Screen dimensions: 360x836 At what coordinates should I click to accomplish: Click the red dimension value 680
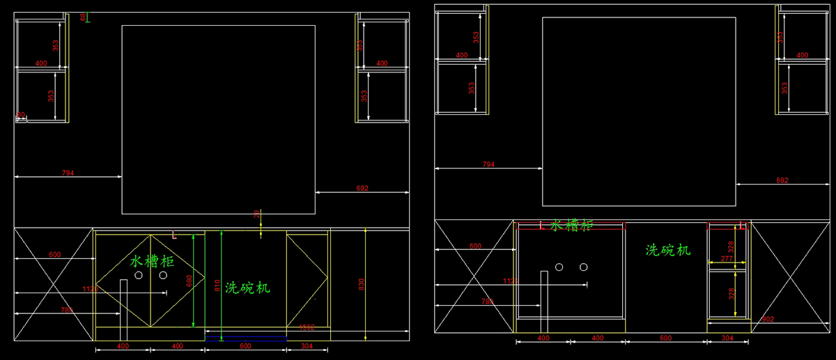tap(189, 281)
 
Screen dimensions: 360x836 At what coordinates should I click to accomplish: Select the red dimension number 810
tap(217, 285)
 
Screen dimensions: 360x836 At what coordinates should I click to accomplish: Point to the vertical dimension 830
tap(361, 284)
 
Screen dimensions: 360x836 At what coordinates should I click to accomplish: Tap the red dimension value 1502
tap(307, 327)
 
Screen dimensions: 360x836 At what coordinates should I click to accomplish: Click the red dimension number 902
tap(768, 320)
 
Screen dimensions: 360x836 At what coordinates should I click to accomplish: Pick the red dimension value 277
tap(727, 259)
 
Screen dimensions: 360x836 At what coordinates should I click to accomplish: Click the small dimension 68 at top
tap(84, 17)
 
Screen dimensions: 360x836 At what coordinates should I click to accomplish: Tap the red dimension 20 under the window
tap(256, 214)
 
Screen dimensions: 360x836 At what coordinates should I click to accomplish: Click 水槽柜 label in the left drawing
tap(152, 261)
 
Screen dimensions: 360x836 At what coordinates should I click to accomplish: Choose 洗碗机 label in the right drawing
tap(667, 249)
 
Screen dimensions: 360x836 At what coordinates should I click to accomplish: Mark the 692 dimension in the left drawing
tap(362, 188)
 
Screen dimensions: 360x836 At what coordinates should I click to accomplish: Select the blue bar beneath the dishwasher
tap(245, 339)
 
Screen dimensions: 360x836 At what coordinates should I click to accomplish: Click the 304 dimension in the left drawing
tap(307, 346)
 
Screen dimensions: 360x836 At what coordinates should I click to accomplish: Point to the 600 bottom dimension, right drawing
tap(666, 338)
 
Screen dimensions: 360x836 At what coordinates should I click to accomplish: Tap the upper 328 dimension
tap(731, 247)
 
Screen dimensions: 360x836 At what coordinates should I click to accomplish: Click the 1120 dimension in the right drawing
tap(511, 281)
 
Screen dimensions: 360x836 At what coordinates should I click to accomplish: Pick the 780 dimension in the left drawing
tap(67, 310)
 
